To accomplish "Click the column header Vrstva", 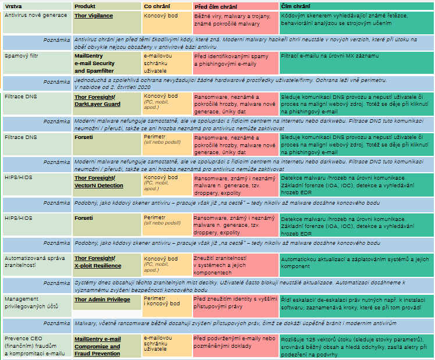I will [x=12, y=6].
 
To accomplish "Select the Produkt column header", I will [x=85, y=6].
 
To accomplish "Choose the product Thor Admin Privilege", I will [x=102, y=299].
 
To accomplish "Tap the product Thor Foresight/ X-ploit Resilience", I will [x=97, y=261].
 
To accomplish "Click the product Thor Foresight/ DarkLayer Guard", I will [x=97, y=101].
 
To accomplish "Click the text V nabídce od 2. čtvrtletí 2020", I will [x=111, y=85].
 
